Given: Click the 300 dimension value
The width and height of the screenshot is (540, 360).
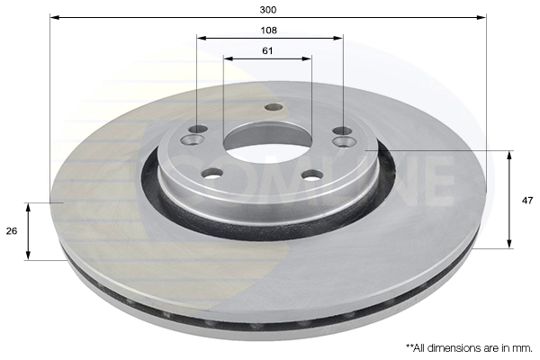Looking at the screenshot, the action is (x=268, y=10).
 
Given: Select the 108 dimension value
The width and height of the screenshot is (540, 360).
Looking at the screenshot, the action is (x=268, y=31).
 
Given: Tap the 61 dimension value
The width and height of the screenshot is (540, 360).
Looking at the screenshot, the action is (x=267, y=51).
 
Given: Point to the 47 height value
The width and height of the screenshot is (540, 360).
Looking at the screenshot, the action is (x=527, y=201).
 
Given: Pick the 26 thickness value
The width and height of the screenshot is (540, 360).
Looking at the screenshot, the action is (x=12, y=231).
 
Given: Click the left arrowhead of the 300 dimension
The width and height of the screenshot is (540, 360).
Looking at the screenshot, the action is (x=54, y=17).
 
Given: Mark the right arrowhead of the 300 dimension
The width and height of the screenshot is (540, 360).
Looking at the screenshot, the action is (x=481, y=17).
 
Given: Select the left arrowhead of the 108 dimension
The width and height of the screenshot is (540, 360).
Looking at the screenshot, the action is (x=201, y=38).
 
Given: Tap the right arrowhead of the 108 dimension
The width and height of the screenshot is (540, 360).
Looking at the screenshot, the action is (x=338, y=38).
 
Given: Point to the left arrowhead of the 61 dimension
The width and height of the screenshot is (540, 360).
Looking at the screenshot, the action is (x=228, y=58).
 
